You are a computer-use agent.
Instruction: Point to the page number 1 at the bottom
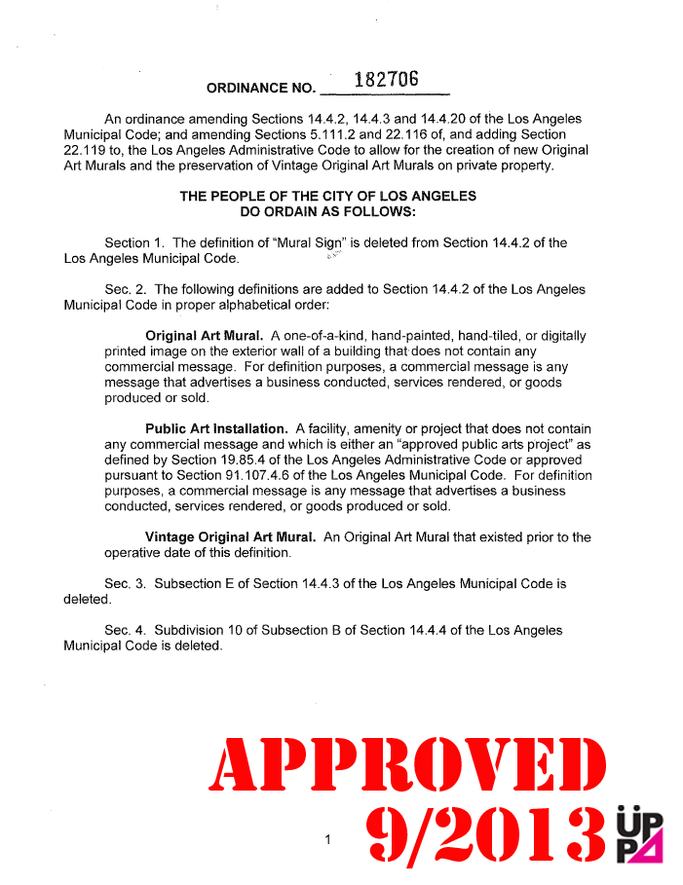[329, 839]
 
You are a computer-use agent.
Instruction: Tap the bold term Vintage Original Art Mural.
[230, 537]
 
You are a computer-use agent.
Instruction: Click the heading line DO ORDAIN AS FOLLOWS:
[328, 210]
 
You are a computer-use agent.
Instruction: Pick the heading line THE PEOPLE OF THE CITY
[328, 196]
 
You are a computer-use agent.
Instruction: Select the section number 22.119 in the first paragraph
[84, 150]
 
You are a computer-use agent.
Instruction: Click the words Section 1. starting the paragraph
[134, 242]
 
